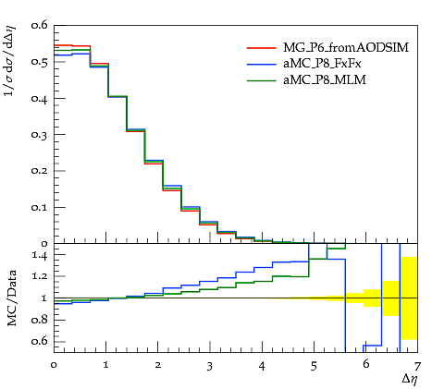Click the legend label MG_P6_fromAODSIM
346,48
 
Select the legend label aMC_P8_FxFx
322,64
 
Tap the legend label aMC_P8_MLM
325,80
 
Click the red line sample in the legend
262,48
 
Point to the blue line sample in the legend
262,64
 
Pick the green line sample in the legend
262,80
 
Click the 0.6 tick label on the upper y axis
39,25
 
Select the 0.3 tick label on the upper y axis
39,135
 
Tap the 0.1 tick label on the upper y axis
39,207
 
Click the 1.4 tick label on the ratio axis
40,255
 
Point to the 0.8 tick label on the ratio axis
39,320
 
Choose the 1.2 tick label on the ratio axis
40,276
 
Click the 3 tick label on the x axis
210,366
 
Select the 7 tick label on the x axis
417,366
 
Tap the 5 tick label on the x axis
314,366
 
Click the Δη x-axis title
410,380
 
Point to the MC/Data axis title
12,298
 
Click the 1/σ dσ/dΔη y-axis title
9,61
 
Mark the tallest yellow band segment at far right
409,298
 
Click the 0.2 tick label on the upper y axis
39,171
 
